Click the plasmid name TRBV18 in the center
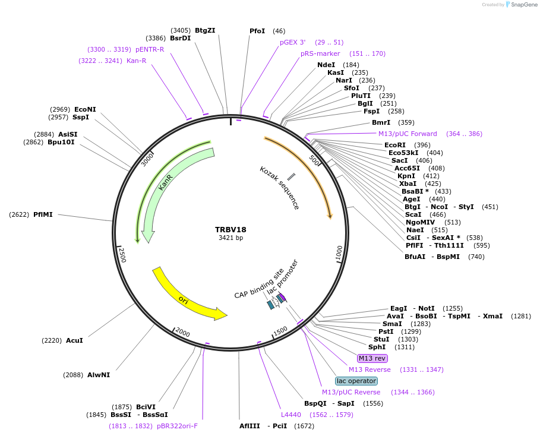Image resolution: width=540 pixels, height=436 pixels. click(230, 229)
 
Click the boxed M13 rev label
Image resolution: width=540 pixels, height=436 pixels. click(372, 358)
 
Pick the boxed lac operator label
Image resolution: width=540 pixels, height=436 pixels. click(356, 381)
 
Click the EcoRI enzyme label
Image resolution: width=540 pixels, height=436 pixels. click(395, 145)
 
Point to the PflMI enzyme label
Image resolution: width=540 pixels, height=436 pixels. click(43, 214)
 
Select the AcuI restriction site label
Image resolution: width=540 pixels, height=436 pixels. click(74, 340)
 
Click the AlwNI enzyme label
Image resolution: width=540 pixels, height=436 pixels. click(99, 375)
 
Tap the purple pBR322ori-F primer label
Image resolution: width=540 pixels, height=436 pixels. click(177, 426)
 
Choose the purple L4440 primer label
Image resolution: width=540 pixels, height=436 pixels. click(291, 415)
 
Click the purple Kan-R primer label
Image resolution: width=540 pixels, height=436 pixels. click(136, 61)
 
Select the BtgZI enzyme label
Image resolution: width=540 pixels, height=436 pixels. click(205, 30)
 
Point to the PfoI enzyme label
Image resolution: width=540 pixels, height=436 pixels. click(257, 31)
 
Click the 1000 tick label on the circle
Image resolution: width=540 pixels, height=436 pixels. click(339, 252)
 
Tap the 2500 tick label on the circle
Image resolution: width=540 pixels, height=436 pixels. click(122, 254)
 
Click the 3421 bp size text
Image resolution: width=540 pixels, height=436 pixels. click(230, 238)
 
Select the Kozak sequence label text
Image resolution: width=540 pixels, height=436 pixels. click(279, 188)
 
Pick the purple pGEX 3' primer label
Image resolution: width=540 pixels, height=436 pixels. click(293, 42)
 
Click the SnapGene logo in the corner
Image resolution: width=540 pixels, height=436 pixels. click(521, 5)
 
